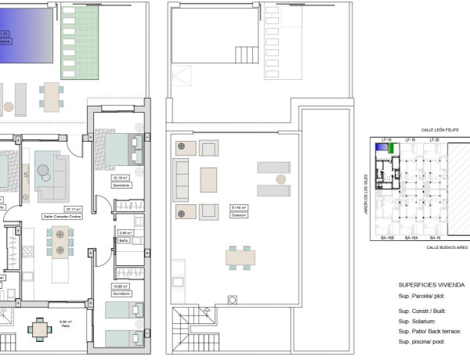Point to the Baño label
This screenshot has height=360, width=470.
(x=124, y=241)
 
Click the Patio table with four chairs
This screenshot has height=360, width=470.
(x=41, y=329)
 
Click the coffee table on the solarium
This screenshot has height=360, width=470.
(x=208, y=180)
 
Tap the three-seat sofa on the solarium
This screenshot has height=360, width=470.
(x=181, y=180)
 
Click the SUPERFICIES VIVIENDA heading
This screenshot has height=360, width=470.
(x=432, y=285)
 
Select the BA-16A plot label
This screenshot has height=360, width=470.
(x=410, y=237)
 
